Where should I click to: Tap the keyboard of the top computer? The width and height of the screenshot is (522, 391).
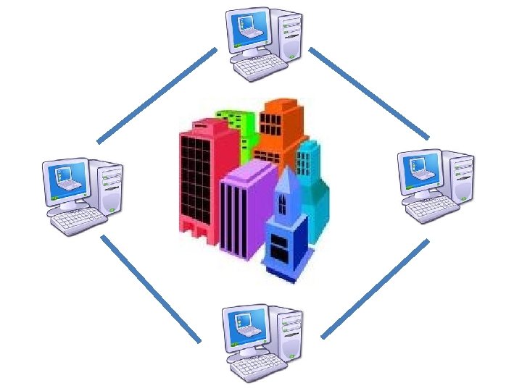[x=260, y=67]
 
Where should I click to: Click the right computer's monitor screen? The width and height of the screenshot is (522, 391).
[x=420, y=169]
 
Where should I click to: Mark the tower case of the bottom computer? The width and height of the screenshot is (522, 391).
[x=288, y=332]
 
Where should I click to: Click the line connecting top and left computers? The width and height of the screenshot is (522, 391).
[x=157, y=95]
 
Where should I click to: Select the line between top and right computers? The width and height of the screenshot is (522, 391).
[x=368, y=93]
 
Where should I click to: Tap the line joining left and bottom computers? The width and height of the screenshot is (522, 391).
[x=151, y=287]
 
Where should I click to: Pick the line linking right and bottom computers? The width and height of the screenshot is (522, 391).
[x=375, y=288]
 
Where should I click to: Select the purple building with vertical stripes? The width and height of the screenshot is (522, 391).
[x=243, y=210]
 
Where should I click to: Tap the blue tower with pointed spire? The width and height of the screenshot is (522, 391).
[x=285, y=232]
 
